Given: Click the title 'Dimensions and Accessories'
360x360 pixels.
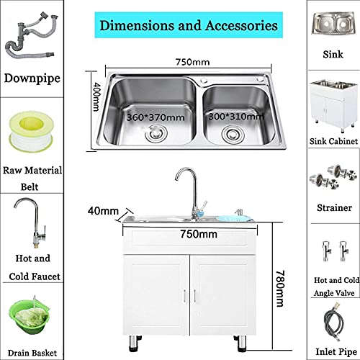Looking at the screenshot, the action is [189, 25].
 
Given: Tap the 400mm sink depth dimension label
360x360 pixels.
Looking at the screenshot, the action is [96, 97].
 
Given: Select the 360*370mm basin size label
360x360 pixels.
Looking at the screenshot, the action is [156, 117].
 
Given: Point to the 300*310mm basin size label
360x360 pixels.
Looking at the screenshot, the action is [236, 117].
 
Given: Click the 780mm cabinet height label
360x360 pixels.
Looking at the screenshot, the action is [280, 289].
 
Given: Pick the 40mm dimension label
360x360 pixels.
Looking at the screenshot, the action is [103, 211].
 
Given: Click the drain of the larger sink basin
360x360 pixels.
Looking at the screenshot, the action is [156, 134].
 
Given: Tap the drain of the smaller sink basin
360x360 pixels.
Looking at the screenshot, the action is [233, 135].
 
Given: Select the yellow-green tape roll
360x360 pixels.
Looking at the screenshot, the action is [31, 132].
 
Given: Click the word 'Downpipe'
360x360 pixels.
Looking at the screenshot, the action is [32, 78].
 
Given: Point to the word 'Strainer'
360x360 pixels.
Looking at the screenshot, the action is [334, 207].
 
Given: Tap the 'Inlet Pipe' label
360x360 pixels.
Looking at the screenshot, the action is [336, 352].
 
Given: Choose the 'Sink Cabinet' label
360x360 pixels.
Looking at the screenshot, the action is [333, 141].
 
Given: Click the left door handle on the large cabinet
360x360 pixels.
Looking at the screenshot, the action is [185, 296].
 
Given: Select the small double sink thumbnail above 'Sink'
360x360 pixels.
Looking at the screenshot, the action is [333, 23].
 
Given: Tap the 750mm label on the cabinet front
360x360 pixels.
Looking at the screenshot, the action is [199, 234].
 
